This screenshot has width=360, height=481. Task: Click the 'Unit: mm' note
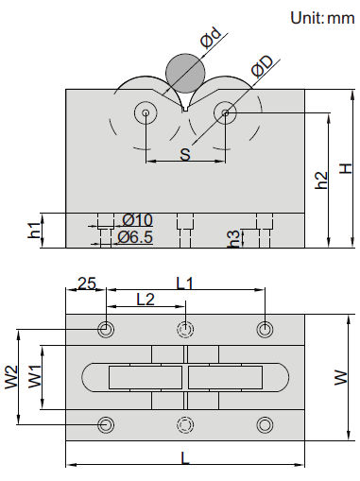coord(322,18)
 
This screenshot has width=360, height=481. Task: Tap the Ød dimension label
coord(212,39)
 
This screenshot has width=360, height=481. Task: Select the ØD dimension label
coord(262,66)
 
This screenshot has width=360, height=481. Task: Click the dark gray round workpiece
coord(185,73)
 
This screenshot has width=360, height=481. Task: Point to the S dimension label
coord(185,154)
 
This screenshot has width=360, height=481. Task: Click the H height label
coord(346,169)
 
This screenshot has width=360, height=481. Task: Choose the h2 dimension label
coord(321,180)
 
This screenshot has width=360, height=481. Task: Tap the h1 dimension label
coord(34,230)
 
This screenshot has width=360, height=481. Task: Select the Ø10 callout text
coord(138,220)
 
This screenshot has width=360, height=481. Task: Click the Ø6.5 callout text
coord(135,237)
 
